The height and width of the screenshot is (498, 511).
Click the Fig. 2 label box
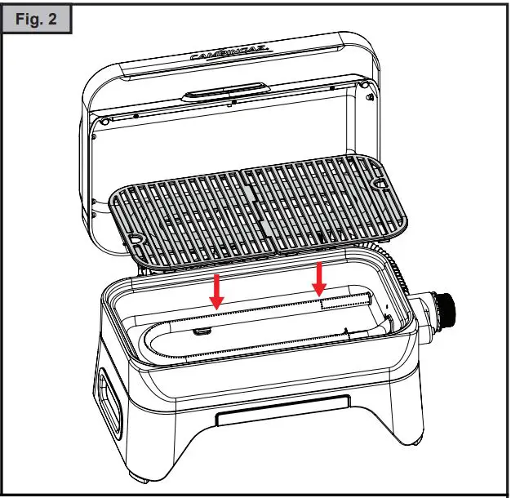38,18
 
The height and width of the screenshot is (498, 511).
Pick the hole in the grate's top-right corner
381,184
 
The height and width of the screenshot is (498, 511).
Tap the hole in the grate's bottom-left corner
135,239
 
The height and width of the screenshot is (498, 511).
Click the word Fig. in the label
30,19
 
